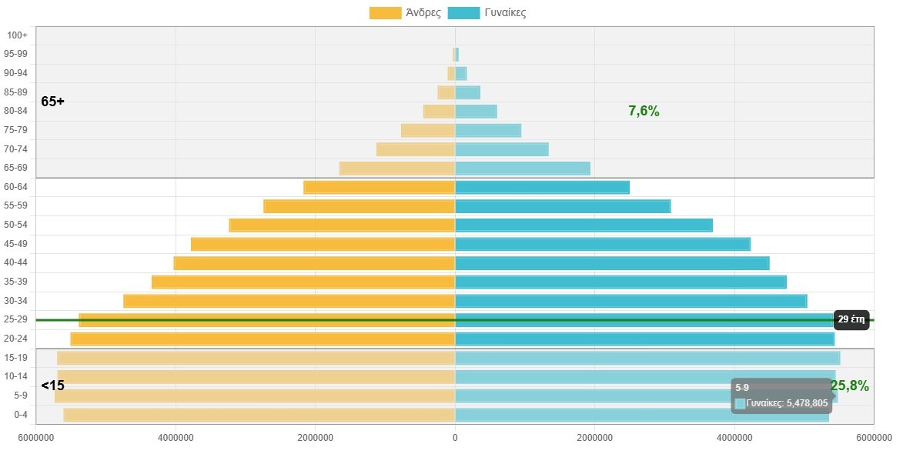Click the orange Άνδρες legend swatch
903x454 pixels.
pos(385,13)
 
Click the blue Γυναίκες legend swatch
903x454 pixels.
pos(463,13)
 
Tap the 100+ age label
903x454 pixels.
pos(16,35)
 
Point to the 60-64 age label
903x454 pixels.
pos(16,187)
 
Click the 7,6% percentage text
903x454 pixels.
pos(644,111)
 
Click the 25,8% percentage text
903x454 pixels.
pos(850,386)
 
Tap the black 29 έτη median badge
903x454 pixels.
pos(851,320)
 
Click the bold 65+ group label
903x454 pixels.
pos(53,102)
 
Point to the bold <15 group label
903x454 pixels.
pos(53,386)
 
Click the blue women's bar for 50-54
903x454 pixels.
pos(584,225)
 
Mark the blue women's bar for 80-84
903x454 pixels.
pos(476,112)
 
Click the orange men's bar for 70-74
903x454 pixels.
pos(416,149)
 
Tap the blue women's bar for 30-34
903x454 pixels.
pos(631,301)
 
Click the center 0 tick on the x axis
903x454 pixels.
pos(455,438)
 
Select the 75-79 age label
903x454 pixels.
pos(16,130)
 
